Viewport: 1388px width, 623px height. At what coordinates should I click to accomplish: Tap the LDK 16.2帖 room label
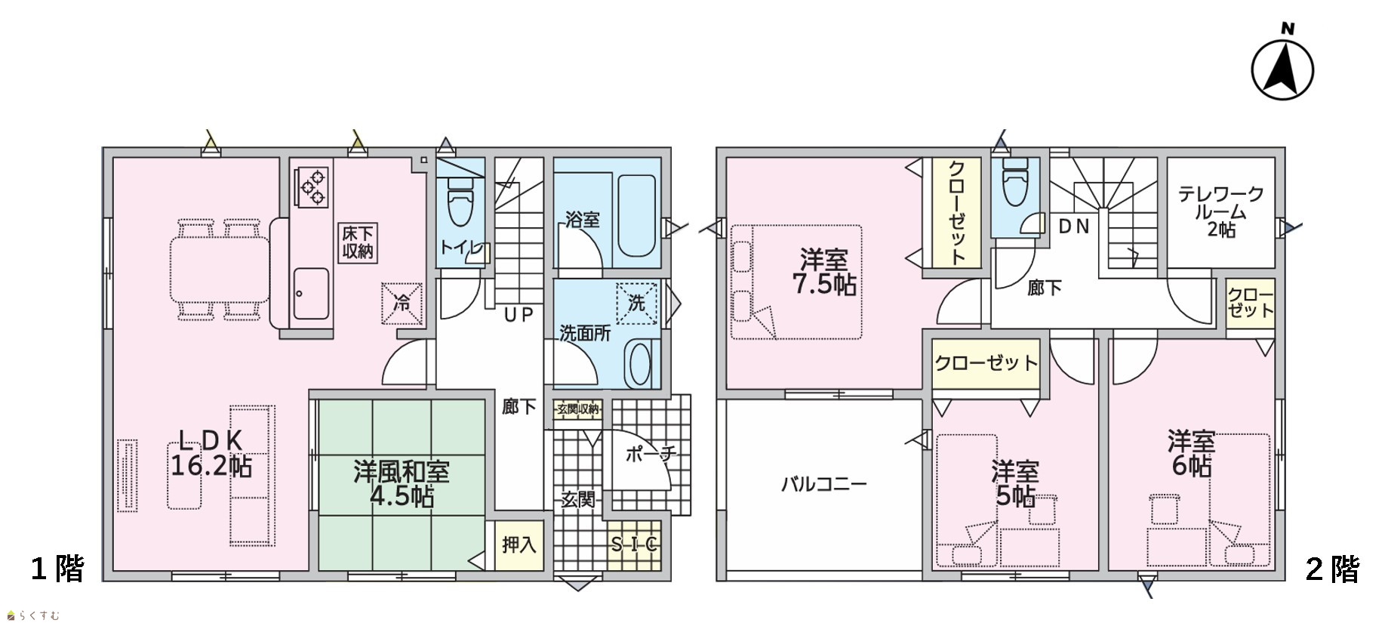click(211, 452)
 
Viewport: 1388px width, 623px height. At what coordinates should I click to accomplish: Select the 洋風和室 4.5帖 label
click(402, 484)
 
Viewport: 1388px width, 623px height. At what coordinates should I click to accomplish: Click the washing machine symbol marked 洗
click(636, 303)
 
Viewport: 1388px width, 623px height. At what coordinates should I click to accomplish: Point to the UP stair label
click(519, 315)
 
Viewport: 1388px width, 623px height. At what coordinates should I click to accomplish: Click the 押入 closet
click(519, 544)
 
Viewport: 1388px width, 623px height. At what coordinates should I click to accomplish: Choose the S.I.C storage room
click(635, 544)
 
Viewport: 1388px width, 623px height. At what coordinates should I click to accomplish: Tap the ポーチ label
click(649, 454)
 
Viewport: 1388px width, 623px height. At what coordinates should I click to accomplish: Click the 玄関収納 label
click(578, 410)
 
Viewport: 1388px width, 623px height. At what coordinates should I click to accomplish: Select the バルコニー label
click(824, 484)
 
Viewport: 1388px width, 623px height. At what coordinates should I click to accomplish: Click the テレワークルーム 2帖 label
click(1221, 213)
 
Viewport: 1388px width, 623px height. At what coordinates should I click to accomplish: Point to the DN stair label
click(1074, 226)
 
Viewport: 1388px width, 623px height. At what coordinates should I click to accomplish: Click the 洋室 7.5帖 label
click(824, 272)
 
